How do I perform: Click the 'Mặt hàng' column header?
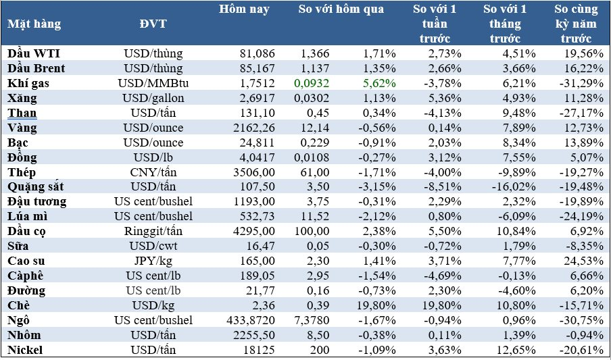tap(34, 24)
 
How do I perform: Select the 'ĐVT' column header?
tap(153, 24)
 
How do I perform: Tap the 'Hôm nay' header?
tap(244, 9)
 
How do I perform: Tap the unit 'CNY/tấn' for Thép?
tap(153, 172)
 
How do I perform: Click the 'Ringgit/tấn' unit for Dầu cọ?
tap(153, 231)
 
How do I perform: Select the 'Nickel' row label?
tap(25, 350)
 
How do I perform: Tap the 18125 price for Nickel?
tap(255, 350)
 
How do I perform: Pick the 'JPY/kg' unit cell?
tap(153, 261)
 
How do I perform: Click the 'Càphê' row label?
tap(26, 276)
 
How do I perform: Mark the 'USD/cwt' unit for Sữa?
tap(153, 246)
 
